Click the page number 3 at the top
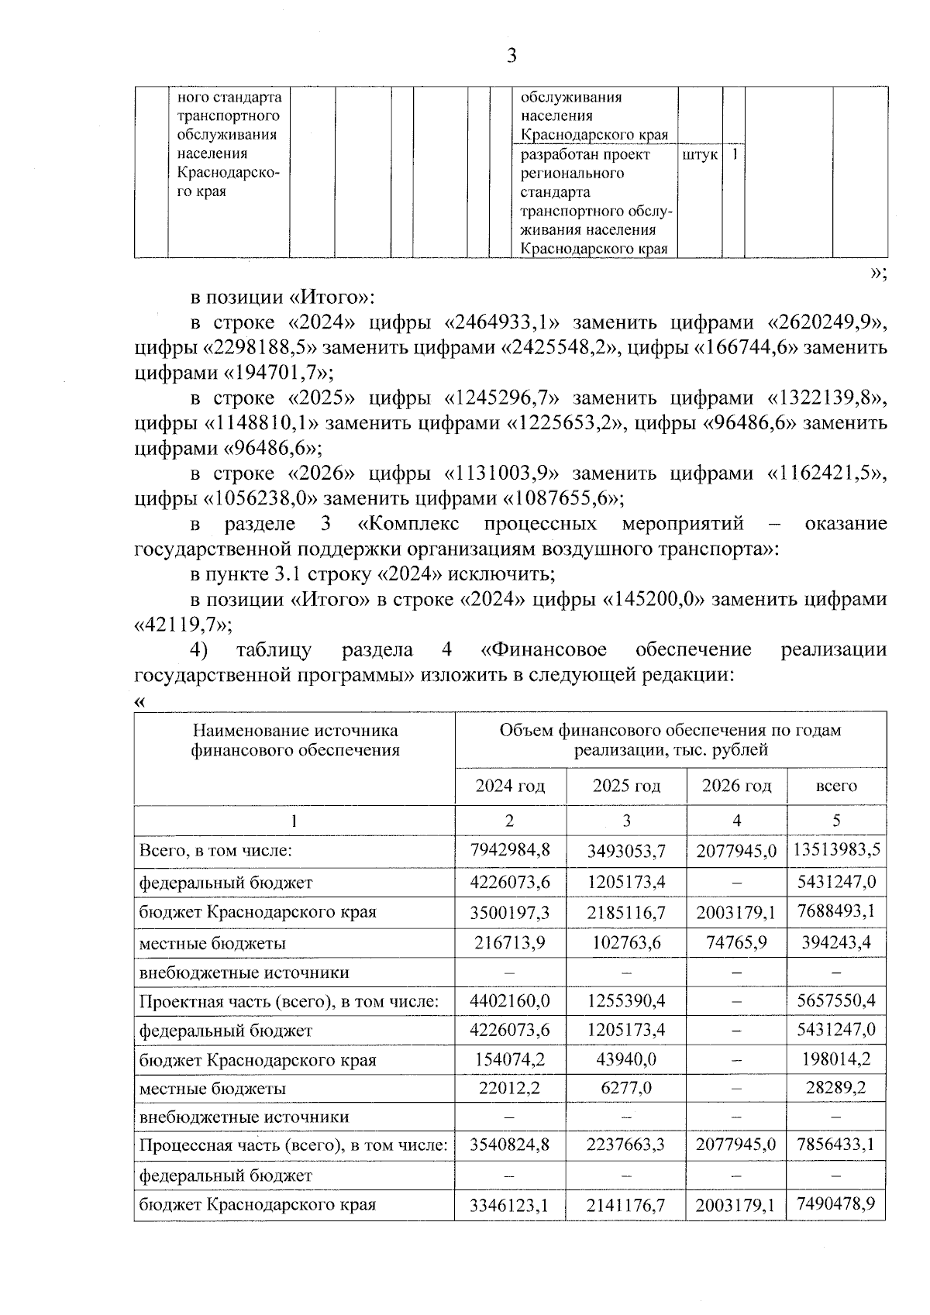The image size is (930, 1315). click(x=511, y=55)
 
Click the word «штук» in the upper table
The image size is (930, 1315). click(x=700, y=155)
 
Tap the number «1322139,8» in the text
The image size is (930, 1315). click(x=825, y=398)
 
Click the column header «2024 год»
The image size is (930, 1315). click(x=510, y=786)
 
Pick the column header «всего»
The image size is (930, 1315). click(x=836, y=786)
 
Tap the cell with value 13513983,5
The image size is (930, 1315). click(x=836, y=849)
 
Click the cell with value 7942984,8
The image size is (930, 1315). click(x=510, y=849)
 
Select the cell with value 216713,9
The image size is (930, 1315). click(x=510, y=942)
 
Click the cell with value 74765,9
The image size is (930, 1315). click(x=736, y=942)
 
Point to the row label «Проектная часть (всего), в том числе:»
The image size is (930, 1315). click(x=289, y=1001)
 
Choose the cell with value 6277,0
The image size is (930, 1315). click(x=626, y=1088)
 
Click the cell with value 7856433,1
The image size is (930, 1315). click(x=836, y=1145)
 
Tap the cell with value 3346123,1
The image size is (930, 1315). click(x=510, y=1206)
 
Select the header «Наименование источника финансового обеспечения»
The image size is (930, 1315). click(x=295, y=740)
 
